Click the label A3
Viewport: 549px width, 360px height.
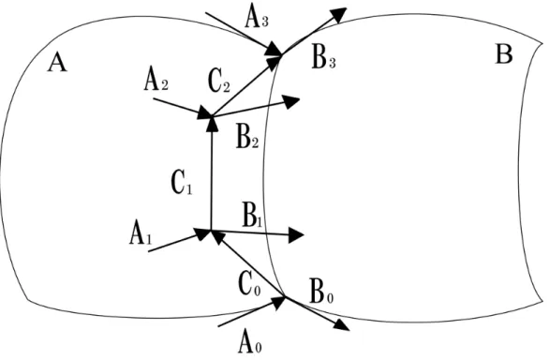click(x=257, y=18)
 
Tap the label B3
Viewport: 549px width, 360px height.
click(x=324, y=58)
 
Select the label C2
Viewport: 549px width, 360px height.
click(x=219, y=82)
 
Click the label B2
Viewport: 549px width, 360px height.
click(x=247, y=138)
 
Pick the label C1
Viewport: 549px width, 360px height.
click(x=182, y=184)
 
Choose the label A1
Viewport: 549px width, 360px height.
click(x=141, y=234)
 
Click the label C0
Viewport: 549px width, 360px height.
click(x=249, y=285)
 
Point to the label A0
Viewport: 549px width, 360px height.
click(x=249, y=343)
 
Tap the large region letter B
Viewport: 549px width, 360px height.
click(x=504, y=54)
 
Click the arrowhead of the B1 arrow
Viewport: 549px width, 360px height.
click(x=296, y=235)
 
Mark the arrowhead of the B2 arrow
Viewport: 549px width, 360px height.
click(x=292, y=101)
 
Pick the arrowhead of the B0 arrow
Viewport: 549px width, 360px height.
click(x=342, y=324)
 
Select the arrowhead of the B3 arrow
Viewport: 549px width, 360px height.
click(x=339, y=14)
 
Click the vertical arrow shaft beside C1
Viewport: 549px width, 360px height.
click(x=211, y=173)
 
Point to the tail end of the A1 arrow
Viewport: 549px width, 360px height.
click(x=149, y=251)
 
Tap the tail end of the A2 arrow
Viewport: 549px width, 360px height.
click(x=154, y=98)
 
